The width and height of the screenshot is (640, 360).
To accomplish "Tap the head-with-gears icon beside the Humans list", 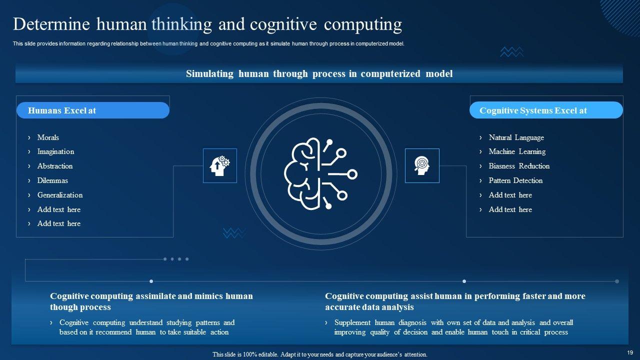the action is pos(220,165).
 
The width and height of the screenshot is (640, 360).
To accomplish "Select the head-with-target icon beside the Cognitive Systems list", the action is pos(422,165).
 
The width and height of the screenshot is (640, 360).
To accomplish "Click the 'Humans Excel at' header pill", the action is pos(93,110).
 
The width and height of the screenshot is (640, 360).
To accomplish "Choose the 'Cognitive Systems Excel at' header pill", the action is pos(545,110).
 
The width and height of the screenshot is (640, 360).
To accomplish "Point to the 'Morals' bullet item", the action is pos(48,137).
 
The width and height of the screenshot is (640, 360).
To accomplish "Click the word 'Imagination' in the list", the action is pos(55,151).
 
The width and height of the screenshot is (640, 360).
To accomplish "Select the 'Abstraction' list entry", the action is pos(55,166).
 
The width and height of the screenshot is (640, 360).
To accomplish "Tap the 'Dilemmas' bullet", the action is pos(52,180).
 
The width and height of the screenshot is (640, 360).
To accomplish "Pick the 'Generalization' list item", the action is pos(60,195).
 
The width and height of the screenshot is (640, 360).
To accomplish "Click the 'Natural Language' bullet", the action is pos(516,137).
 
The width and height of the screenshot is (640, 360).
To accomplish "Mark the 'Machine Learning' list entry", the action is pos(517,151).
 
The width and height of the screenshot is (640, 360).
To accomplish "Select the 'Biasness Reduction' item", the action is pos(519,166).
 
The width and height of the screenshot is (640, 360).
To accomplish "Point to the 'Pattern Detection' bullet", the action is pos(515,180).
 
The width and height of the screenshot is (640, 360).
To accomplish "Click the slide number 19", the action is pos(629,352).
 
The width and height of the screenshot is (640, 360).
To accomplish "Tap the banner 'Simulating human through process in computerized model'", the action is pos(319,74).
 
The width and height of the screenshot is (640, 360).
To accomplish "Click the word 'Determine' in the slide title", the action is pos(51,24).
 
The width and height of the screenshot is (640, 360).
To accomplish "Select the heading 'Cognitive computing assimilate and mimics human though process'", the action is pos(151,301).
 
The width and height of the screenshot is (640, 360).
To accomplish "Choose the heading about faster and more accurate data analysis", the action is pos(454,301).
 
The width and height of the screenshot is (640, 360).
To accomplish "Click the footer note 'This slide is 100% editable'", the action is pos(320,354).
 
